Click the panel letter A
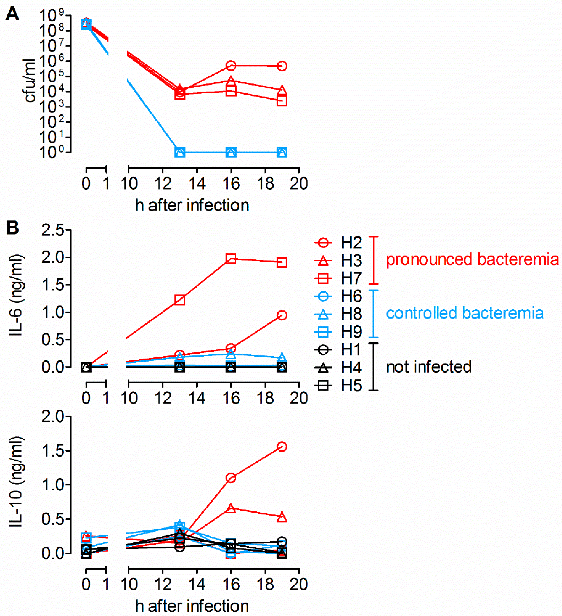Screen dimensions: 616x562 coord(12,14)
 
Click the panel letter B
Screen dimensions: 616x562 coord(12,228)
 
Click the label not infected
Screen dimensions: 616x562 coord(429,367)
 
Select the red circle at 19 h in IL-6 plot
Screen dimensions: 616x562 coord(282,315)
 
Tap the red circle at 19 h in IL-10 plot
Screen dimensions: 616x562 coord(282,447)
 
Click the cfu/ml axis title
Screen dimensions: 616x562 coord(30,81)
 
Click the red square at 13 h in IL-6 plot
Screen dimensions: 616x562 coord(180,300)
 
